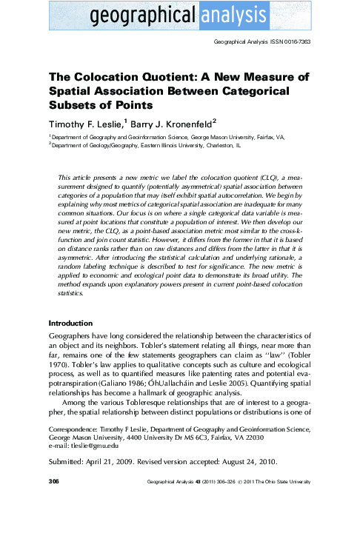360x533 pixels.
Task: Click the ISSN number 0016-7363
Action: tap(295, 42)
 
